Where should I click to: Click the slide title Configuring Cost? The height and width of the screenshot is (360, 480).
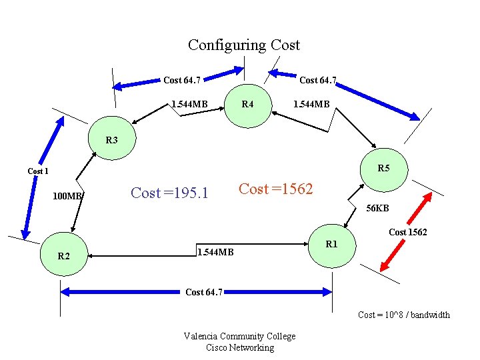pyautogui.click(x=243, y=45)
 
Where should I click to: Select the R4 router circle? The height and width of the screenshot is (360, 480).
pyautogui.click(x=247, y=105)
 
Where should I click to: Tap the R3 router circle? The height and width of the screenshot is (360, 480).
pyautogui.click(x=112, y=141)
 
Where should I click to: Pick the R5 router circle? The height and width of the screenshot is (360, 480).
pyautogui.click(x=383, y=169)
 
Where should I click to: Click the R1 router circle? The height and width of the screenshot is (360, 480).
pyautogui.click(x=331, y=245)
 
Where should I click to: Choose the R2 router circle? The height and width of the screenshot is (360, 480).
pyautogui.click(x=63, y=255)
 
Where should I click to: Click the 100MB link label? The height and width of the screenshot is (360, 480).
pyautogui.click(x=67, y=197)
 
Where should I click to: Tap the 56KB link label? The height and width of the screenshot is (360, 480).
pyautogui.click(x=377, y=209)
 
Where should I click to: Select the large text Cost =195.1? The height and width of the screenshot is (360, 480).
pyautogui.click(x=169, y=193)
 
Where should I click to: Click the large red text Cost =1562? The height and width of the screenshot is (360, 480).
pyautogui.click(x=275, y=189)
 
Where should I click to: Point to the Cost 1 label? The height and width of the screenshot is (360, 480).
pyautogui.click(x=38, y=171)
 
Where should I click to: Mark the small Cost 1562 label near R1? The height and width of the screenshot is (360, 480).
pyautogui.click(x=407, y=232)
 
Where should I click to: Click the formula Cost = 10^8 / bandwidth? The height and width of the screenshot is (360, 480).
pyautogui.click(x=403, y=315)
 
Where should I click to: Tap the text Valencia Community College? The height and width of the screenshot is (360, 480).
pyautogui.click(x=239, y=337)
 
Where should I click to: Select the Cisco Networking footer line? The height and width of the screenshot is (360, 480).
pyautogui.click(x=239, y=347)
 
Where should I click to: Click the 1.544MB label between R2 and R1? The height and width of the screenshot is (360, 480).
pyautogui.click(x=215, y=252)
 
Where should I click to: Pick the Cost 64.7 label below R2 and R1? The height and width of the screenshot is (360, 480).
pyautogui.click(x=204, y=292)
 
